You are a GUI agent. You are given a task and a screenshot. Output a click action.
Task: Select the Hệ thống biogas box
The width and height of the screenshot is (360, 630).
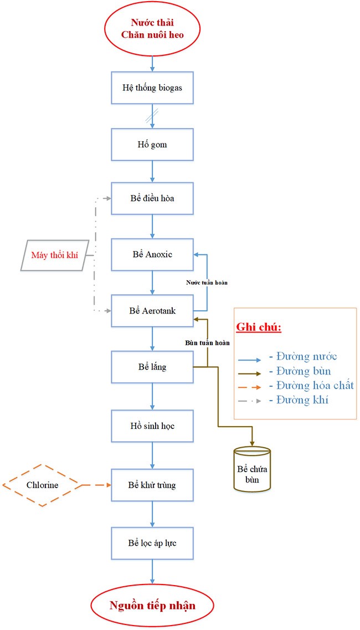click(152, 88)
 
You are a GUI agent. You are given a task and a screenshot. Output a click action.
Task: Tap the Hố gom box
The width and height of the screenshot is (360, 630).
click(152, 144)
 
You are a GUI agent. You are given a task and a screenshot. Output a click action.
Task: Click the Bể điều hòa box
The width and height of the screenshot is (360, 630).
click(152, 198)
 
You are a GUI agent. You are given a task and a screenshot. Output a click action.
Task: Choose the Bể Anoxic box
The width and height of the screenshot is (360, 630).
click(152, 254)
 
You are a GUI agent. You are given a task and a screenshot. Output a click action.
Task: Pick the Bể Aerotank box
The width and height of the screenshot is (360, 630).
click(152, 311)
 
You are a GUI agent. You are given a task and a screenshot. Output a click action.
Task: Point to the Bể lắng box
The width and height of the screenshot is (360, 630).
click(152, 367)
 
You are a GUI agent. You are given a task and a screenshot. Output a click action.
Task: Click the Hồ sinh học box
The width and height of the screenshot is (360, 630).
click(152, 426)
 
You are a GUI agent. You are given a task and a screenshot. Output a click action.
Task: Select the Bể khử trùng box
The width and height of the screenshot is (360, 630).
click(152, 485)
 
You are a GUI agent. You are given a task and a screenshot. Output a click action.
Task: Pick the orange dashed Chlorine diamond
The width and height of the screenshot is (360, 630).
click(42, 485)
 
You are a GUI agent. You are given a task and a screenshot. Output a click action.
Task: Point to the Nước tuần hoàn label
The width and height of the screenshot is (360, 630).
click(207, 283)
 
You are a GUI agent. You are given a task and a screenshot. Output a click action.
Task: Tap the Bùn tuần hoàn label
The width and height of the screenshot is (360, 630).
click(207, 342)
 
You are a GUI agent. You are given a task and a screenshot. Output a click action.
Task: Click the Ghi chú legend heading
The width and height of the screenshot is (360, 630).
click(258, 327)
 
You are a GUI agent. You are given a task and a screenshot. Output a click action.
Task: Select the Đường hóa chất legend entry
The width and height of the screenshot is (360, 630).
click(310, 385)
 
